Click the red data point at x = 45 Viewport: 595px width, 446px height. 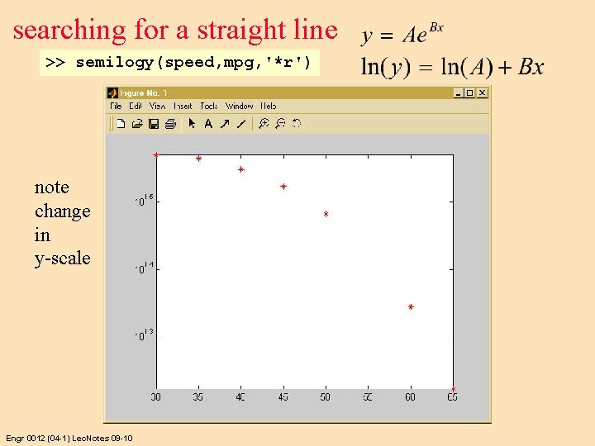(x=283, y=187)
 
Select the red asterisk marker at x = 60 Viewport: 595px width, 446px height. (x=411, y=307)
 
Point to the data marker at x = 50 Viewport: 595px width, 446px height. (x=326, y=215)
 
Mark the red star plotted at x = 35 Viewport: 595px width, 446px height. (x=198, y=159)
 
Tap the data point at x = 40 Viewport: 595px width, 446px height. (x=240, y=170)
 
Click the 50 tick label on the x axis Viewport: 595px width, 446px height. (x=326, y=397)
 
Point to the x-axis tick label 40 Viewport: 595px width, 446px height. (x=240, y=397)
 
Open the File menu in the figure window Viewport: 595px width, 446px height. (x=116, y=106)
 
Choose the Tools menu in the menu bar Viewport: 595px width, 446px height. (x=208, y=106)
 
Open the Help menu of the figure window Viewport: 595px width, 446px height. (x=269, y=106)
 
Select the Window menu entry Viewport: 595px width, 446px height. (x=239, y=106)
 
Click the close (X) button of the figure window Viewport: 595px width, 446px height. (x=482, y=93)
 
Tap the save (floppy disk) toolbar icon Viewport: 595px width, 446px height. (x=153, y=124)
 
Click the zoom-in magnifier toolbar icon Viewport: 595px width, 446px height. (x=264, y=124)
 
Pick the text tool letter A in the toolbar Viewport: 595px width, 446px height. (x=208, y=124)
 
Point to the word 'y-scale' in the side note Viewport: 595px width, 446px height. (x=62, y=259)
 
